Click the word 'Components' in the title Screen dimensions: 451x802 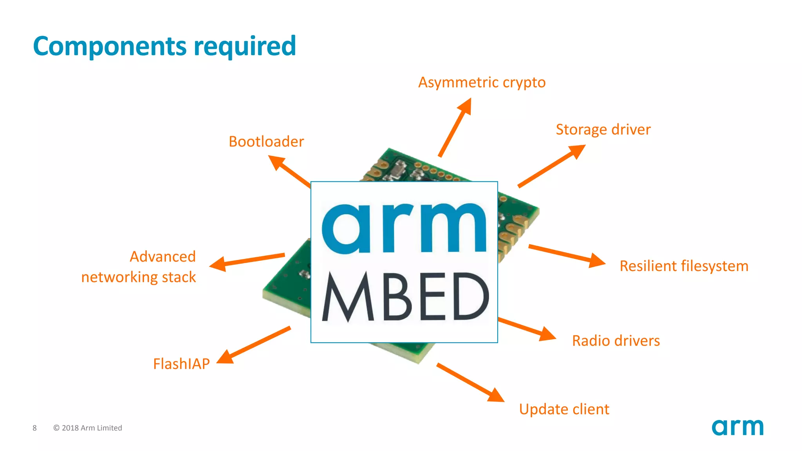(110, 46)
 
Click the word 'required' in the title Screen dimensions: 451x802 (245, 46)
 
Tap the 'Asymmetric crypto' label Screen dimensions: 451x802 (482, 83)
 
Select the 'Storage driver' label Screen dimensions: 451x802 (603, 130)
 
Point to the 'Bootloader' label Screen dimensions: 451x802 (266, 142)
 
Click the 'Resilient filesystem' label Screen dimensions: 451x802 (684, 266)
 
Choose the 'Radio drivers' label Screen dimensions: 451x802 (616, 341)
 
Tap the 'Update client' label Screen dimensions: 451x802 (564, 410)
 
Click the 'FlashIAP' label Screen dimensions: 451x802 (181, 364)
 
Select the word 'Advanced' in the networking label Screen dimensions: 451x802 (163, 257)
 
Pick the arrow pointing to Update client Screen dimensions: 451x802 (470, 382)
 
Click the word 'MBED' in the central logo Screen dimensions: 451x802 (405, 297)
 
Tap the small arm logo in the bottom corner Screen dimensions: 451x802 (737, 427)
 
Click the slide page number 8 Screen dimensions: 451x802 (34, 428)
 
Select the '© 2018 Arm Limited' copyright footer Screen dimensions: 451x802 (88, 428)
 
